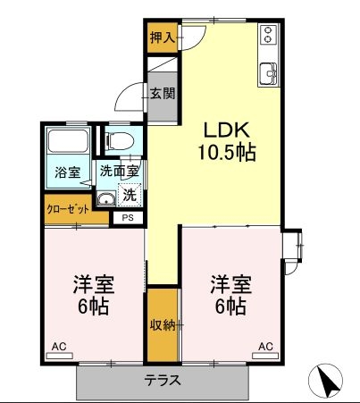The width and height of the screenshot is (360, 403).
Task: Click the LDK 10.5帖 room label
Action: (227, 141)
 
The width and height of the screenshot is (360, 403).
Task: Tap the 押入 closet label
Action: (163, 38)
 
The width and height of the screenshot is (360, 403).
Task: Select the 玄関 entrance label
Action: (162, 94)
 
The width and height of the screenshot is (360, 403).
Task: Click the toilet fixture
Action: (120, 140)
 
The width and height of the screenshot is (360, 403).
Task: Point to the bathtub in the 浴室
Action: (69, 140)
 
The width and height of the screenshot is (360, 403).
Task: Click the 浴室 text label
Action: (68, 172)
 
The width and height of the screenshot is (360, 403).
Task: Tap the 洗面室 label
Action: (119, 171)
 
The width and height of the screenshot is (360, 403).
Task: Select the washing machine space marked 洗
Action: (130, 195)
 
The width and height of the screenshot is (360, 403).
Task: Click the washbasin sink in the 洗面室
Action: (106, 198)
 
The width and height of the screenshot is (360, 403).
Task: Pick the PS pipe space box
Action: (128, 218)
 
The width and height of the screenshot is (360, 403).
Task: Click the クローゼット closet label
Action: (68, 209)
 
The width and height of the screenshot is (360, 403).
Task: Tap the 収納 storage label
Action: (162, 325)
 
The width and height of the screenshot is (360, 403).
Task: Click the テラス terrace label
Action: (163, 381)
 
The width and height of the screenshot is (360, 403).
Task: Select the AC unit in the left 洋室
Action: (60, 356)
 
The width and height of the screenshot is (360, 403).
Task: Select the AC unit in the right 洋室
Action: (265, 356)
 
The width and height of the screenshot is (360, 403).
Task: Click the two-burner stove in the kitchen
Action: (269, 34)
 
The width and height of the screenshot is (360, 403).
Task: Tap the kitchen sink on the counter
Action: (269, 74)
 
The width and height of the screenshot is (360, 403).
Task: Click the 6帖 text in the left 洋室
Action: (93, 306)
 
